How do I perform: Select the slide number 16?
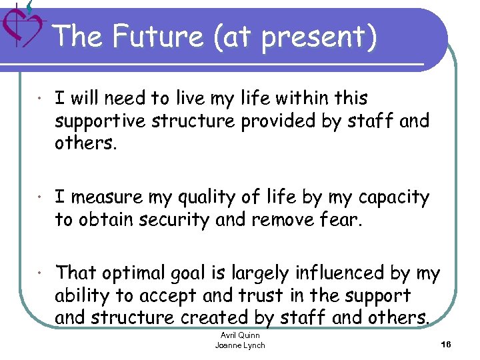click(x=446, y=344)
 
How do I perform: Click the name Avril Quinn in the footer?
click(x=240, y=335)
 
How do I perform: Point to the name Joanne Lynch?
click(x=240, y=345)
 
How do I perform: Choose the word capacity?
click(x=394, y=198)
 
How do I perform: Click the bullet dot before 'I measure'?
click(x=41, y=198)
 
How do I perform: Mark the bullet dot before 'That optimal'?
click(x=41, y=273)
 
